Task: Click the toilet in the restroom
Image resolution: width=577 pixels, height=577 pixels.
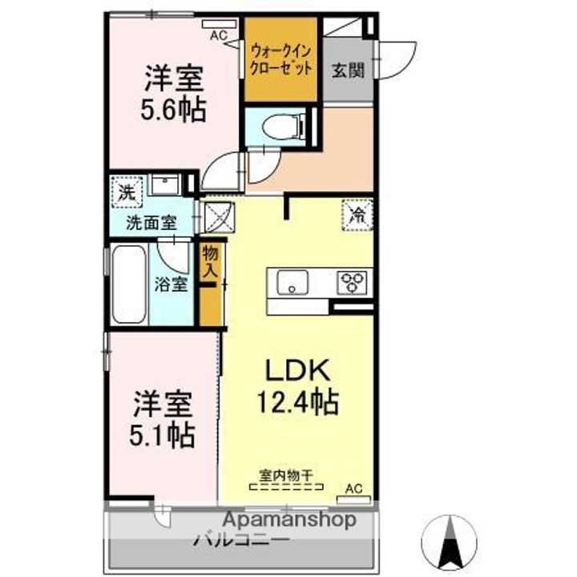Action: coord(284,127)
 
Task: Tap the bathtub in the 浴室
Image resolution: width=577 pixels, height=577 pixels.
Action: coord(129,284)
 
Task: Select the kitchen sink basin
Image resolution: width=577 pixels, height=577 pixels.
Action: coord(293,282)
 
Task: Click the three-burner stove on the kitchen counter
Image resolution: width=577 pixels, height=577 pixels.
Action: coord(352,282)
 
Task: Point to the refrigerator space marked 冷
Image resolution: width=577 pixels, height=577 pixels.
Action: coord(357,215)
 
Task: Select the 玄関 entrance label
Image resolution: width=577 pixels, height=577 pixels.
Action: coord(348,70)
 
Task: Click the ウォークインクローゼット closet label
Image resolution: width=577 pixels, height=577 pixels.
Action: coord(280,60)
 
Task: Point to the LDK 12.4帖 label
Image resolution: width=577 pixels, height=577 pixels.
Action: coord(297,386)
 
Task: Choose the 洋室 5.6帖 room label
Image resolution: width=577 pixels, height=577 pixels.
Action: coord(173,94)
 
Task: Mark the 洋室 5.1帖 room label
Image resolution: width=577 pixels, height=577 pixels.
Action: coord(162,419)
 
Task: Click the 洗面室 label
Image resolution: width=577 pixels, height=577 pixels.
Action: coord(151,223)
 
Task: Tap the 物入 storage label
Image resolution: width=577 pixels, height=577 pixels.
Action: coord(211,262)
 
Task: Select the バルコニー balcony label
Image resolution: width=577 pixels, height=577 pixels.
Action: coord(241,541)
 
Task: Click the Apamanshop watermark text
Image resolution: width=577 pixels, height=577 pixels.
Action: coord(289,519)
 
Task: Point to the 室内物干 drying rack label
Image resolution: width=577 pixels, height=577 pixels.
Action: coord(286,476)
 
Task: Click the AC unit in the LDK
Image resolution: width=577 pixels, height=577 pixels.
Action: coord(353,499)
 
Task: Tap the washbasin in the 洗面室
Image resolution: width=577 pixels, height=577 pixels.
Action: coord(165,184)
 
